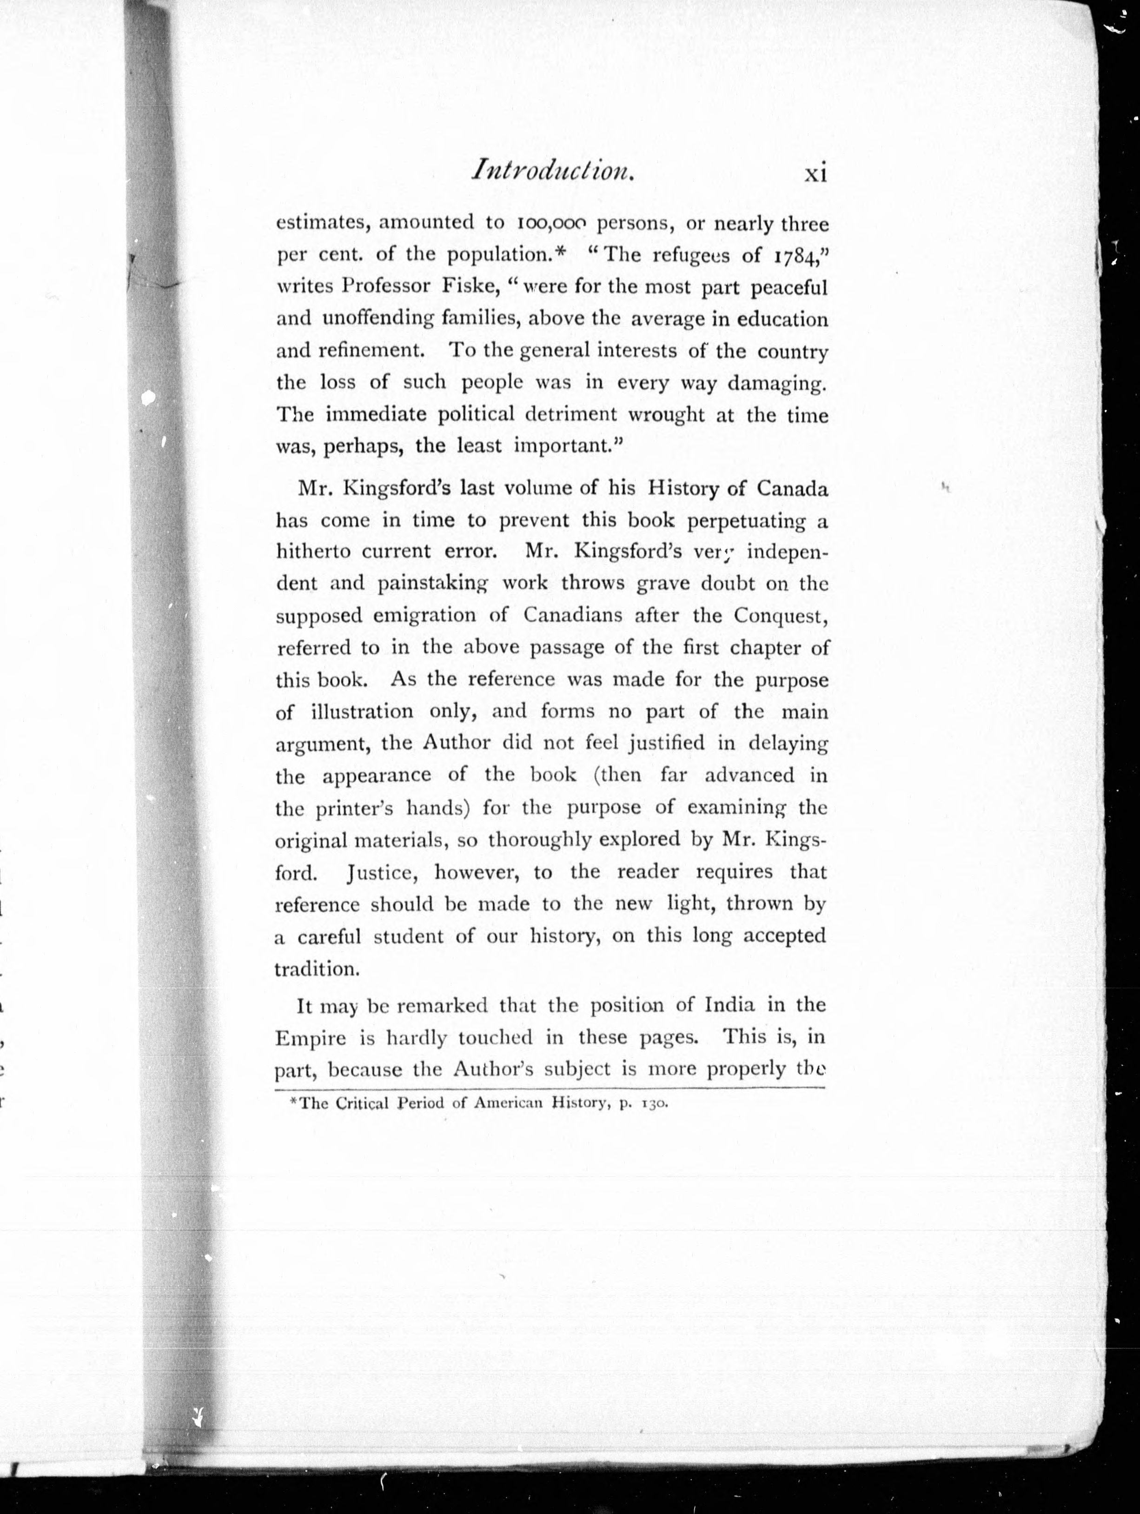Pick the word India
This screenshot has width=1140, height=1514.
(x=720, y=1005)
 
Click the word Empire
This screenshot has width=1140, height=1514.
(x=310, y=1038)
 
